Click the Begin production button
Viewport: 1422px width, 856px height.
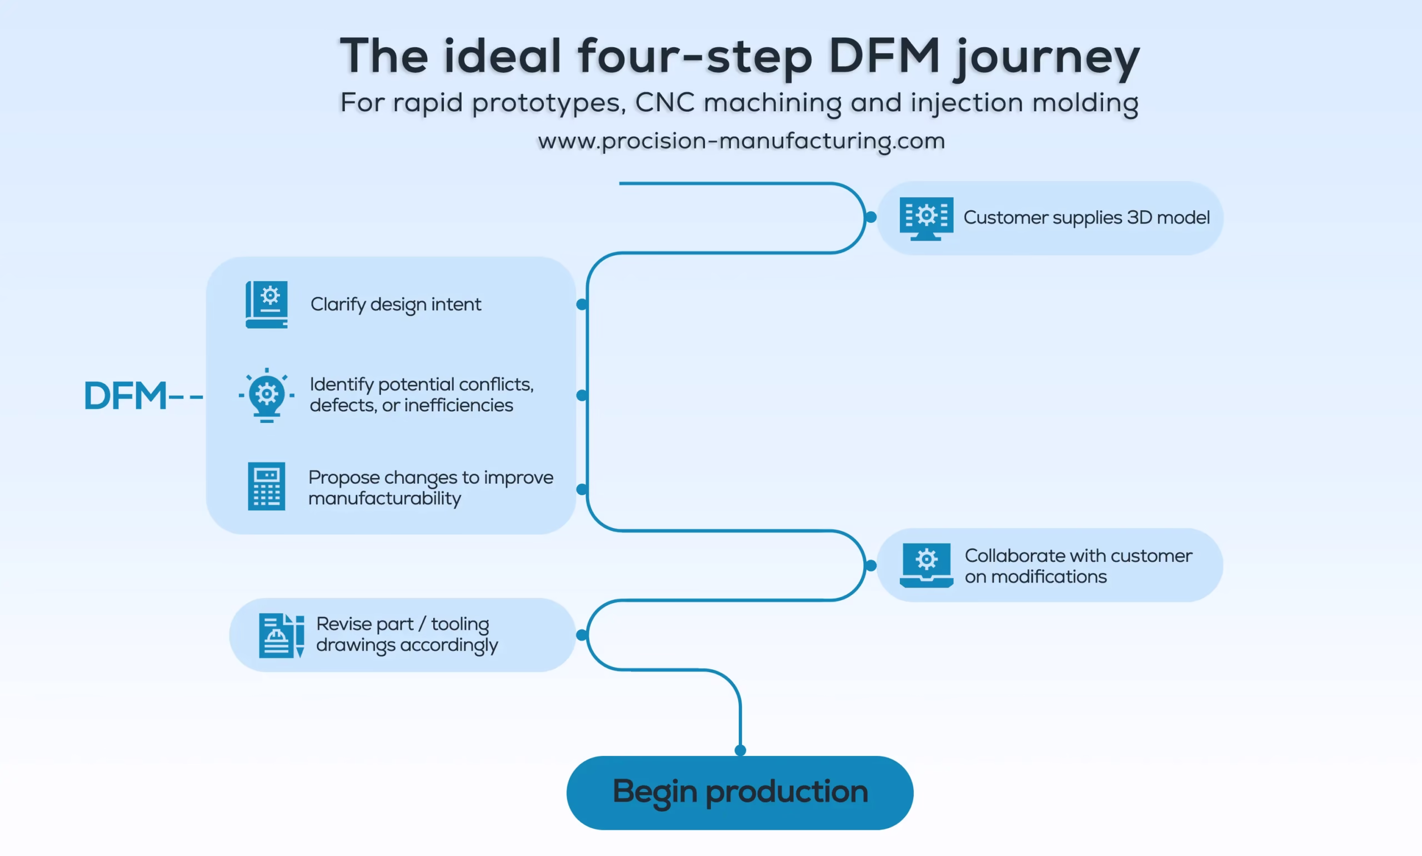[x=739, y=792]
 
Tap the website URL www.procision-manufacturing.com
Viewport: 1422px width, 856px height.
[x=740, y=141]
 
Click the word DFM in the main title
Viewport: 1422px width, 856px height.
[x=884, y=56]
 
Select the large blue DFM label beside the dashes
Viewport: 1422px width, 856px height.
[x=125, y=396]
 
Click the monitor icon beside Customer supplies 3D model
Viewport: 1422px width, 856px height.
[x=926, y=218]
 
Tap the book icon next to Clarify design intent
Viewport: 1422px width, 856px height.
[x=266, y=305]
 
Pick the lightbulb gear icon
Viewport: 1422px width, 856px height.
[x=266, y=395]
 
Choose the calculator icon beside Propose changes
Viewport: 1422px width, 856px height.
[x=266, y=486]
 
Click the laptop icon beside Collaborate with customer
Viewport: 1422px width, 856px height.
[x=926, y=565]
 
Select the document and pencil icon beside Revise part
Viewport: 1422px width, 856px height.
[x=281, y=635]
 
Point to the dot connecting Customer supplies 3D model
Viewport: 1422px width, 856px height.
[x=871, y=217]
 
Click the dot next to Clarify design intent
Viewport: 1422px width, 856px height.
[x=582, y=305]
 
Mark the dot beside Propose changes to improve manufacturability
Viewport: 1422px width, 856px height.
[x=582, y=489]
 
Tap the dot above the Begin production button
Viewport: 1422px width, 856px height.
[x=740, y=750]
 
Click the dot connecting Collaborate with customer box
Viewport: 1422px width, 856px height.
[x=871, y=565]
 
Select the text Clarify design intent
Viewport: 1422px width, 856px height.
[x=395, y=305]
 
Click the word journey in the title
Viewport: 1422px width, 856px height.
[x=1046, y=57]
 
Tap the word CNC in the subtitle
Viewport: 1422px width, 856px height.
[x=663, y=103]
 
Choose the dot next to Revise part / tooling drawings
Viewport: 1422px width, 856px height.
[x=582, y=635]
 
